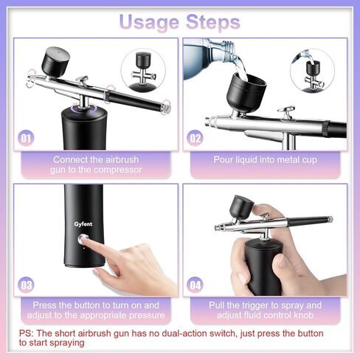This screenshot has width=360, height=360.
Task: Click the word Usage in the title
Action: tap(149, 23)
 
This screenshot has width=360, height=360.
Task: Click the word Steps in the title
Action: tap(213, 22)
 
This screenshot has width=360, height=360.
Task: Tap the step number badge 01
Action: tap(26, 138)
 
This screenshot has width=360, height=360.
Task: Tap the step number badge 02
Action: tap(195, 138)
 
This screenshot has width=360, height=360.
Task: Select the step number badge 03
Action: tap(26, 285)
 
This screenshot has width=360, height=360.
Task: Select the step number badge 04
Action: tap(195, 285)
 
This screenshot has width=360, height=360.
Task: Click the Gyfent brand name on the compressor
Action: tap(83, 224)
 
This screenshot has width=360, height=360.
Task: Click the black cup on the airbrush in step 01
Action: tap(55, 61)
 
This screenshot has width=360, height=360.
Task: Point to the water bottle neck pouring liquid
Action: tap(227, 50)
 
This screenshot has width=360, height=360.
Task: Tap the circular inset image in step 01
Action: tap(143, 71)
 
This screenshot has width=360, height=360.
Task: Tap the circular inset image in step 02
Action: tap(312, 71)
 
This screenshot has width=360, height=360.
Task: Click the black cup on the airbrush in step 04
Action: tap(241, 207)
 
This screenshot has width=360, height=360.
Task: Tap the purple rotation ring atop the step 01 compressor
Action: tap(83, 108)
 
